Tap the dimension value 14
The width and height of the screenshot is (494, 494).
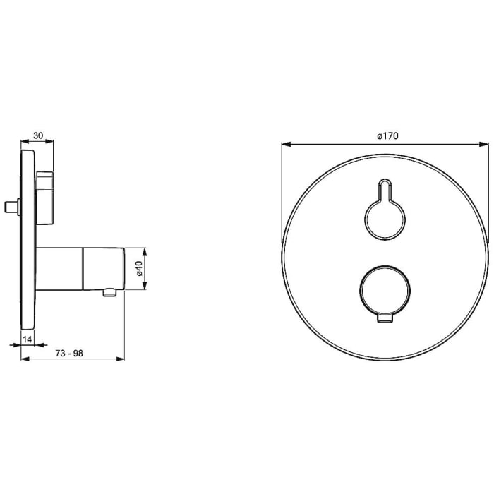pyautogui.click(x=28, y=339)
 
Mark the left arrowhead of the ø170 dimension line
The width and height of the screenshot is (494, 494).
pyautogui.click(x=284, y=145)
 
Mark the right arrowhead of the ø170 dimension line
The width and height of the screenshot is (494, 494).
pyautogui.click(x=486, y=145)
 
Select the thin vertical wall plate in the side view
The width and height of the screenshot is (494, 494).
pyautogui.click(x=28, y=240)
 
